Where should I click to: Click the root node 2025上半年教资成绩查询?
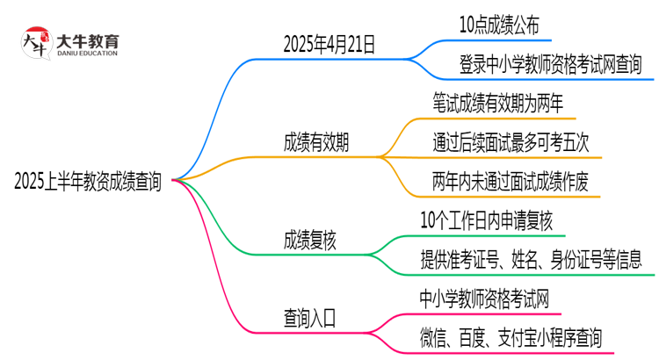click(x=88, y=182)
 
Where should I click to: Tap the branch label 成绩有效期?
click(x=315, y=143)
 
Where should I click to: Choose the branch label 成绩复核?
click(x=309, y=238)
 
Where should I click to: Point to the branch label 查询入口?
click(x=309, y=314)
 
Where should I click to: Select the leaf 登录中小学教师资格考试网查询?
click(x=550, y=63)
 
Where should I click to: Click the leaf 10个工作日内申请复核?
click(x=486, y=220)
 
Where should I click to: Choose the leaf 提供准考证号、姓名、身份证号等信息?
click(x=531, y=259)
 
